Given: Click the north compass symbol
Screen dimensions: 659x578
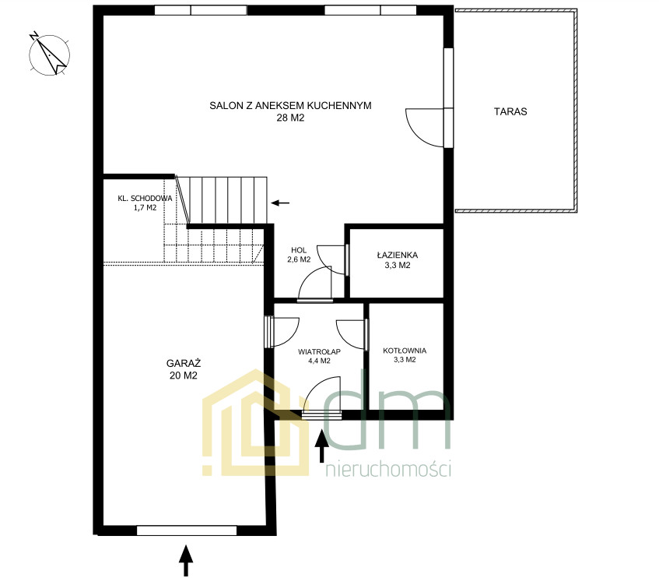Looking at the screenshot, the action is (49, 55).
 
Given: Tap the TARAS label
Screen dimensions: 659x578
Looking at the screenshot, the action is (510, 111).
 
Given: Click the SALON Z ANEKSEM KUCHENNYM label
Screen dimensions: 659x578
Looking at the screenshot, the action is (290, 106).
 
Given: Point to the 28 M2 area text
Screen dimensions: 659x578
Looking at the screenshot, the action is (290, 118).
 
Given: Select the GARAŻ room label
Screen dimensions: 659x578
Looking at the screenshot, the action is (184, 363).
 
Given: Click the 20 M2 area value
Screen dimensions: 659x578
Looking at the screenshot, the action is (184, 375).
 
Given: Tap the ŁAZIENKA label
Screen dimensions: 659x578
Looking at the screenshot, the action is (397, 255).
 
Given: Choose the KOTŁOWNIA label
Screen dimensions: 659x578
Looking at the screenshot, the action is (405, 351).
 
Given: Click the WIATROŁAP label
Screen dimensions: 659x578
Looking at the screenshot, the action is (320, 351).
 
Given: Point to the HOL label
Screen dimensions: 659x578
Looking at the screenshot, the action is (299, 250).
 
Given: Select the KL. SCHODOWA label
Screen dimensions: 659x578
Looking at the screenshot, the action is (145, 199).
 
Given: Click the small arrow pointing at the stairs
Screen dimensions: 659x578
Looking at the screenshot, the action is (280, 203).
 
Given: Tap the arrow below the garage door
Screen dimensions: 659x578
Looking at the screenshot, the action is (186, 560).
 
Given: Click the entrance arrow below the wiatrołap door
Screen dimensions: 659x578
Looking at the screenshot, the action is (322, 446).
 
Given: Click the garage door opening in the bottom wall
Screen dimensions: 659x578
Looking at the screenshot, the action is (187, 530).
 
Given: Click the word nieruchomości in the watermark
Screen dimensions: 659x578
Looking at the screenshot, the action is (389, 469).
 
